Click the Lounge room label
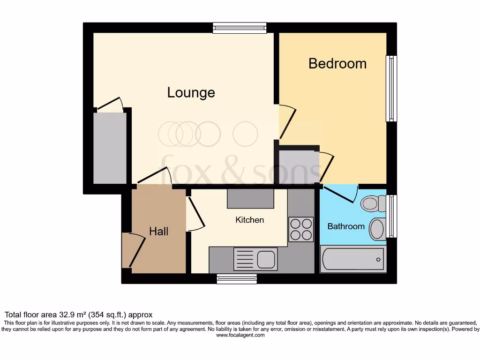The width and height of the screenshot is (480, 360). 191,92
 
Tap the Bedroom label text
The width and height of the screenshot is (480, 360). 337,63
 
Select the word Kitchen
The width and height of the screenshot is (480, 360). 249,219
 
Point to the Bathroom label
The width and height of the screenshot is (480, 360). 345,226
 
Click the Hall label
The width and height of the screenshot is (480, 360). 158,231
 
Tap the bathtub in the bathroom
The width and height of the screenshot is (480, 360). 353,259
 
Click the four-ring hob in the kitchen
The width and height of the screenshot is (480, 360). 301,229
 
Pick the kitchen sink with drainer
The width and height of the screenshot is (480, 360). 255,259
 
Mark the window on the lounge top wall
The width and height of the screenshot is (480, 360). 240,28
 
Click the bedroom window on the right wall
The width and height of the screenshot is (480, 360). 391,89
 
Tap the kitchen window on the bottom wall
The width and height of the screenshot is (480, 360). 237,279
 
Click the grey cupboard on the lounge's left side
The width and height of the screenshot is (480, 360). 110,148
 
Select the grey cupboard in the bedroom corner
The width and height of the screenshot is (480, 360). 297,165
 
